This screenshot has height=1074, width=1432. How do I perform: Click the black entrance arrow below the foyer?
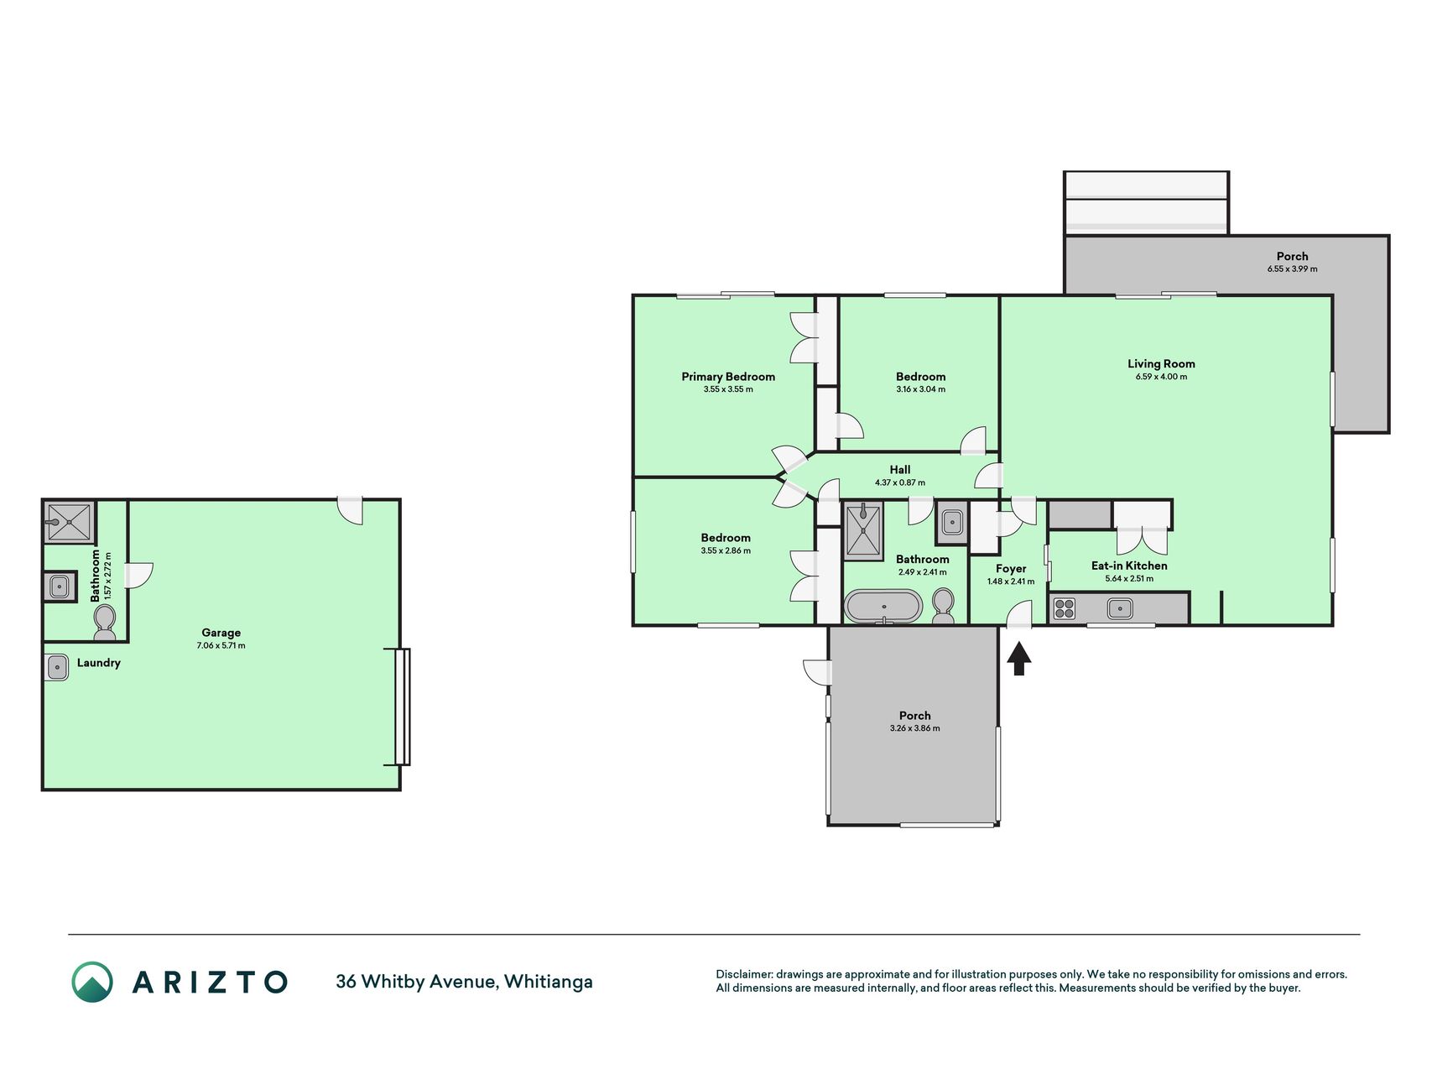point(1018,659)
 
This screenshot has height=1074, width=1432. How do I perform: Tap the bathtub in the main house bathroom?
point(883,606)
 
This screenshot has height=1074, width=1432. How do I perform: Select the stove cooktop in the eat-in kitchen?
point(1064,608)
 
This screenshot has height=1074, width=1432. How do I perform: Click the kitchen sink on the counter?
point(1120,608)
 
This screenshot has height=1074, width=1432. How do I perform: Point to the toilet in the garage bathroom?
point(105,623)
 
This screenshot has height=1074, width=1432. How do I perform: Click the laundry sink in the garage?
point(56,667)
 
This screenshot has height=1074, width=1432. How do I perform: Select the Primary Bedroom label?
point(728,377)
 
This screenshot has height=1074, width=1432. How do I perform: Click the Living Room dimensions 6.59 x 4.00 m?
point(1161,377)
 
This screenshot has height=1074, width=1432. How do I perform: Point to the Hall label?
point(900,470)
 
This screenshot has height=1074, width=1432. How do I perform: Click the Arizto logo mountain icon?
point(91,982)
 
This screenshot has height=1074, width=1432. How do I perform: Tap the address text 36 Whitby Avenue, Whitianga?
point(464,982)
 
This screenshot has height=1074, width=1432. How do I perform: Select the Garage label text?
point(221,633)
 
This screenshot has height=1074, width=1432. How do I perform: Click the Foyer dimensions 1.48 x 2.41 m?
point(1011,581)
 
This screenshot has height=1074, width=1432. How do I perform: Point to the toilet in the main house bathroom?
point(943,606)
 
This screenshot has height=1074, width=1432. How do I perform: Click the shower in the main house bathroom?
point(863,531)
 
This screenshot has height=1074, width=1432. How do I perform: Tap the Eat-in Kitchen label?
point(1129,566)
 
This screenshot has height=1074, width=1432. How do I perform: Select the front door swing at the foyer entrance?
point(1019,613)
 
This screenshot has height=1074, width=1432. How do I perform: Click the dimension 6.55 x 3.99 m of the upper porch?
point(1292,269)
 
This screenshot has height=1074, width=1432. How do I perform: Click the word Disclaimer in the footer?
point(743,974)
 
